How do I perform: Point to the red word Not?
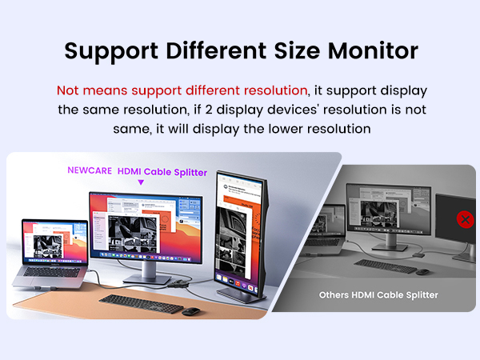click(69, 90)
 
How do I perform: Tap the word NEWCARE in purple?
click(89, 170)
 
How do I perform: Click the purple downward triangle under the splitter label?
click(141, 182)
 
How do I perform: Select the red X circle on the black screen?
click(464, 218)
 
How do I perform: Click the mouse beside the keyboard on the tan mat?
click(190, 310)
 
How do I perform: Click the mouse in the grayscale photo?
click(422, 271)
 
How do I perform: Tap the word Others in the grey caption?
click(337, 294)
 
